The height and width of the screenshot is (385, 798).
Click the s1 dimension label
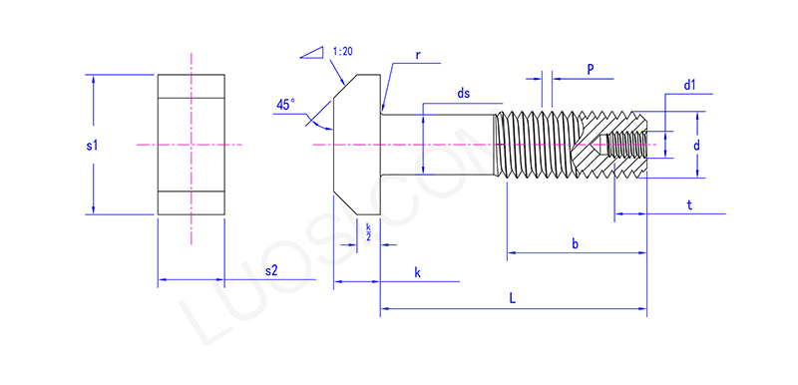point(92,146)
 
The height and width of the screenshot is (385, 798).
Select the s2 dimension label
point(271,270)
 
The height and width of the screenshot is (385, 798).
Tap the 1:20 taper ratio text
point(343,52)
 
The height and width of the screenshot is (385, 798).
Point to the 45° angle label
point(285,105)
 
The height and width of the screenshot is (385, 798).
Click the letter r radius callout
point(417,56)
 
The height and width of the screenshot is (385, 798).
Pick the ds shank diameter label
point(463,94)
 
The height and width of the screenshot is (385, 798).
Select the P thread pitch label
point(591,70)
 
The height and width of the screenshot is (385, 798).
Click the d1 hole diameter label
point(689,86)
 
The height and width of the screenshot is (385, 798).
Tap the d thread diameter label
point(696,146)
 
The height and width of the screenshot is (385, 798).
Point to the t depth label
point(689,204)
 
